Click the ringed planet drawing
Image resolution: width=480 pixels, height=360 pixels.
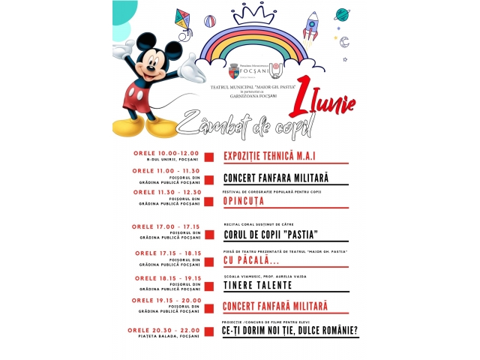[x=342, y=14]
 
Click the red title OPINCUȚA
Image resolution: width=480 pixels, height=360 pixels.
[x=244, y=201]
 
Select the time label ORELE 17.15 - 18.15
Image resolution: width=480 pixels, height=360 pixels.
[x=168, y=253]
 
